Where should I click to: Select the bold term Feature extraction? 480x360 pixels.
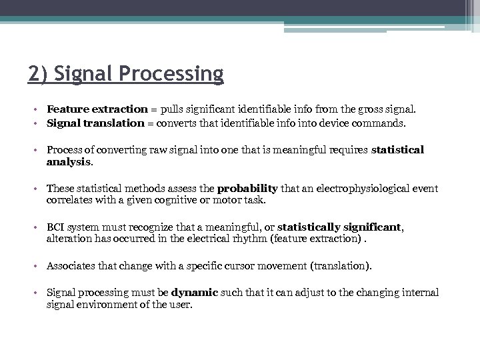point(97,109)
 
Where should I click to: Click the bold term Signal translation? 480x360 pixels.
point(95,123)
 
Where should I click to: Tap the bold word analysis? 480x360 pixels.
point(69,161)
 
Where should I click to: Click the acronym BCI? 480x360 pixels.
point(57,227)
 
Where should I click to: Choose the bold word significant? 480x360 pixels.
point(373,227)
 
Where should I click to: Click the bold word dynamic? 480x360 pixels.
point(193,293)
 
